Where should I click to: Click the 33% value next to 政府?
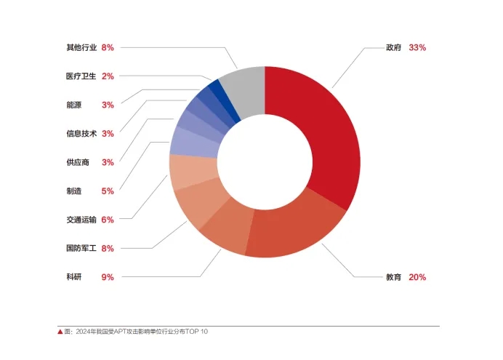click(x=417, y=47)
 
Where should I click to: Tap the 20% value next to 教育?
click(x=417, y=277)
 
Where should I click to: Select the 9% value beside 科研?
click(x=108, y=277)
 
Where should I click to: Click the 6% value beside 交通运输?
click(x=108, y=220)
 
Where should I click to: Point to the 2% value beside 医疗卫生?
click(x=108, y=76)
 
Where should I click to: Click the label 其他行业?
click(x=81, y=47)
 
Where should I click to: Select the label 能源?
click(x=73, y=105)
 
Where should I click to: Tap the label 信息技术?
click(x=81, y=134)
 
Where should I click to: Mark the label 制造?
click(x=73, y=191)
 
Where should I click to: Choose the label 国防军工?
click(x=81, y=249)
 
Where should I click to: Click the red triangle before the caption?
click(x=60, y=332)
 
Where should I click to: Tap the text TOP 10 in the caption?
click(x=197, y=332)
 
